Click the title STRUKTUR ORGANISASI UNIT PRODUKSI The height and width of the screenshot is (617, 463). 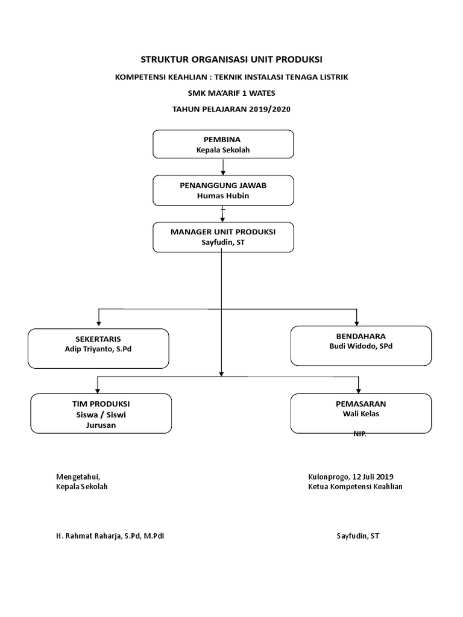(x=231, y=59)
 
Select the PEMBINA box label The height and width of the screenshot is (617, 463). (x=223, y=139)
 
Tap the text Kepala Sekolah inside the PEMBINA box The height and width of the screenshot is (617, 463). (x=223, y=150)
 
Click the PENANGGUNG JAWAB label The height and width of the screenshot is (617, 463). (x=223, y=185)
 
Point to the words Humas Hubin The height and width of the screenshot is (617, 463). (x=223, y=196)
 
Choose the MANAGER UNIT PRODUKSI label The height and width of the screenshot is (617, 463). (x=223, y=231)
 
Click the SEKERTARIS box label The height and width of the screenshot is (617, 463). (x=99, y=339)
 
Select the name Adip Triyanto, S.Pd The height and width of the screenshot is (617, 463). (x=99, y=349)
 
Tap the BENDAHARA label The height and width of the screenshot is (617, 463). (x=361, y=336)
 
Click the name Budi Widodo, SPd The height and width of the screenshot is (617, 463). (x=361, y=346)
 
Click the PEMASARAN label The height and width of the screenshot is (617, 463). (x=361, y=403)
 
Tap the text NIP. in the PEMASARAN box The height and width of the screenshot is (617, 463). (x=360, y=434)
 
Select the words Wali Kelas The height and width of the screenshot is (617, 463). (x=361, y=414)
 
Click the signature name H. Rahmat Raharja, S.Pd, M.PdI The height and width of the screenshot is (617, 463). (x=110, y=535)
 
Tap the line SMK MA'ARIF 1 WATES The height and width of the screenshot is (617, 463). (x=231, y=93)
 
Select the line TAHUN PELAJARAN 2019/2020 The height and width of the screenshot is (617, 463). (x=231, y=108)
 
